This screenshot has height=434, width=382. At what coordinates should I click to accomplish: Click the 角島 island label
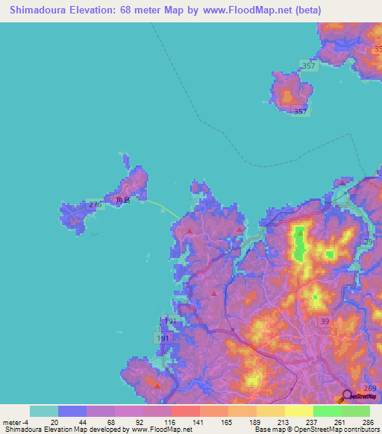[x=123, y=201]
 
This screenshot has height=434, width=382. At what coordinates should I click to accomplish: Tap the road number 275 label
[x=95, y=204]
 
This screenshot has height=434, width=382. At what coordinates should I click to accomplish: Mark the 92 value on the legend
[x=114, y=421]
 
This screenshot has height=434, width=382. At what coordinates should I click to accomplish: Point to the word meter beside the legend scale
[x=12, y=421]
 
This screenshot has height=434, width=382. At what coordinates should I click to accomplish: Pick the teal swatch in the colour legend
[x=44, y=411]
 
